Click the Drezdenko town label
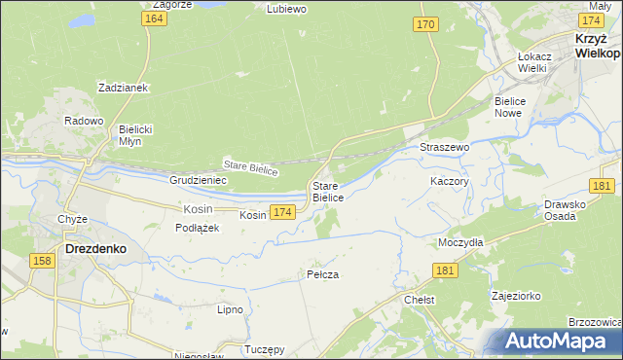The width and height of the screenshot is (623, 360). click(94, 248)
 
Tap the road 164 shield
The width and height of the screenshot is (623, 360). click(151, 19)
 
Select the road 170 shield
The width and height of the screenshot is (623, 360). click(423, 24)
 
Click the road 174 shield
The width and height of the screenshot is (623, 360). click(282, 212)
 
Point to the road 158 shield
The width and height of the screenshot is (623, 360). click(42, 261)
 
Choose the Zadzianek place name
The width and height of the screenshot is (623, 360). click(122, 88)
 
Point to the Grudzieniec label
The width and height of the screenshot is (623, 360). click(198, 180)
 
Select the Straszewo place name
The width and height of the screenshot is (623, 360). click(445, 147)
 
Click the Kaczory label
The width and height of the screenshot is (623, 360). click(450, 181)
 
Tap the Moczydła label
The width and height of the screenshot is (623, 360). click(460, 240)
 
